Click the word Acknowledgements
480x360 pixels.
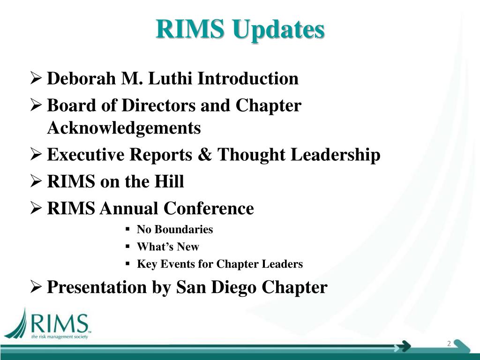pyautogui.click(x=124, y=127)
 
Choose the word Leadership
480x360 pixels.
pyautogui.click(x=335, y=155)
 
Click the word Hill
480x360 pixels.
pyautogui.click(x=169, y=181)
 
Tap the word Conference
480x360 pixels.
pyautogui.click(x=210, y=208)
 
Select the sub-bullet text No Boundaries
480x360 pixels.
pyautogui.click(x=174, y=230)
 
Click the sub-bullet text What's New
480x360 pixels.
pyautogui.click(x=168, y=247)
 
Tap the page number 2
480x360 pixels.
pyautogui.click(x=449, y=344)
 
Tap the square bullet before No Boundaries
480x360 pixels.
pyautogui.click(x=127, y=230)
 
